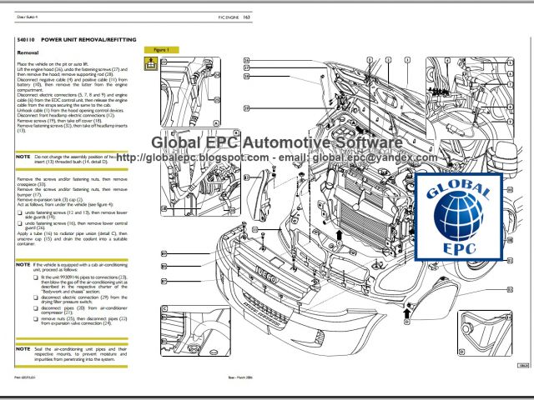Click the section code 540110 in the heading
click(x=28, y=39)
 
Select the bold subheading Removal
click(x=28, y=53)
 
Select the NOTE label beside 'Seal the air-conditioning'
click(x=23, y=347)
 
